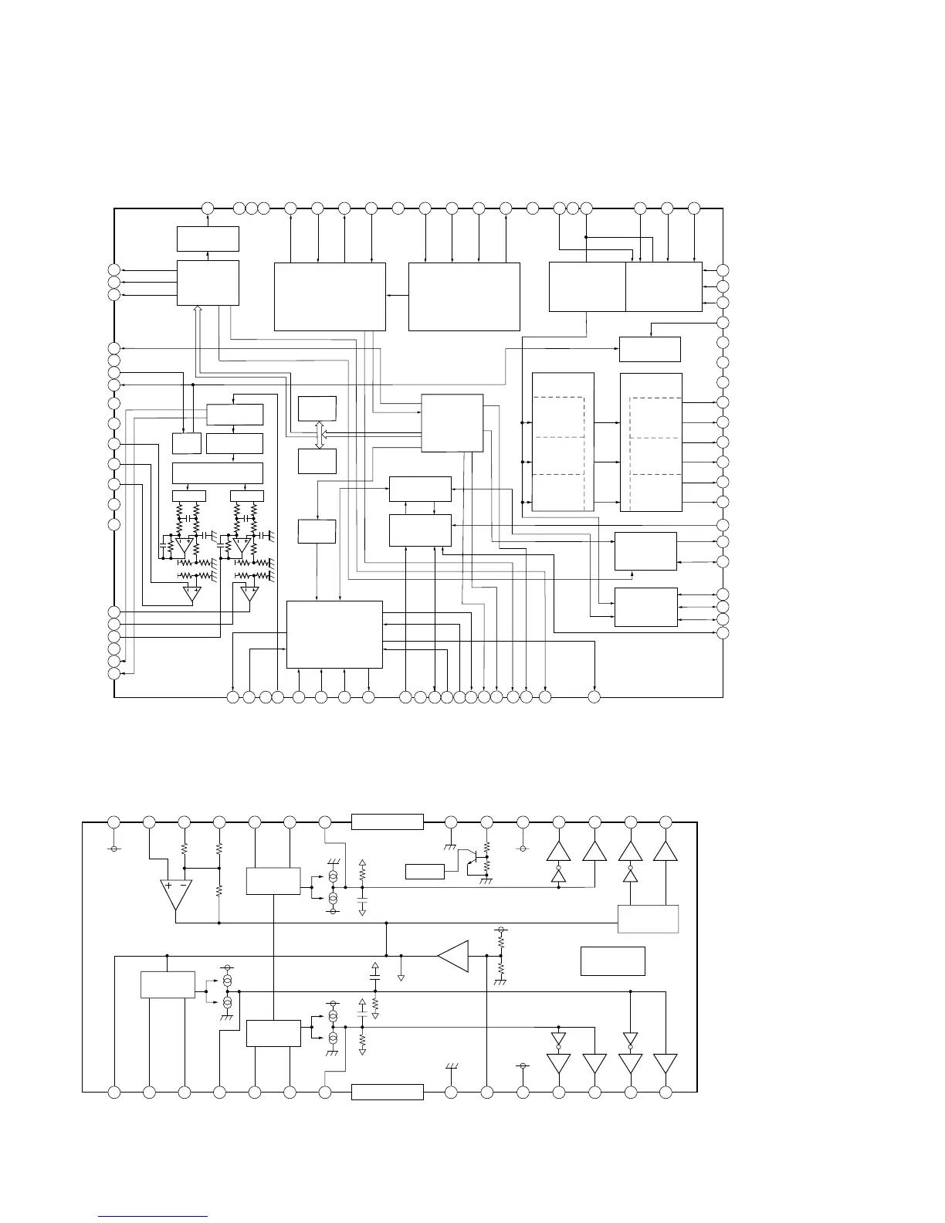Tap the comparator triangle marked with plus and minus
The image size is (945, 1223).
(x=175, y=894)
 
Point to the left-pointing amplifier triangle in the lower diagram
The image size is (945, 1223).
(x=453, y=955)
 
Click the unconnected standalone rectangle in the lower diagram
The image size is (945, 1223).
(x=612, y=960)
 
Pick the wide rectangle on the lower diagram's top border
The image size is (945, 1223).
(x=388, y=822)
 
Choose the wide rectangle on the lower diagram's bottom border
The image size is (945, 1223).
(x=388, y=1092)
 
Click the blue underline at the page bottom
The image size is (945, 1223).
(x=154, y=1217)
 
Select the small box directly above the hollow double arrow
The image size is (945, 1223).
(x=317, y=408)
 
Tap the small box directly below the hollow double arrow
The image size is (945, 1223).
(x=317, y=461)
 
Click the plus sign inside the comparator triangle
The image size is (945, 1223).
(x=168, y=886)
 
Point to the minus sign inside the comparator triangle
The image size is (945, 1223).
(x=183, y=886)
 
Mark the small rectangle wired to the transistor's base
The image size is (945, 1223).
(x=425, y=872)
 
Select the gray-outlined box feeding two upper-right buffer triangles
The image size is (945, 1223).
(x=649, y=919)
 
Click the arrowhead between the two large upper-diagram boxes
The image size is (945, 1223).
(x=389, y=295)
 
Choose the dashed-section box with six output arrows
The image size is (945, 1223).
(x=651, y=442)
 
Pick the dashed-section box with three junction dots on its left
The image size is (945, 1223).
(x=563, y=442)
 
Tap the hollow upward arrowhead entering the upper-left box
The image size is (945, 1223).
(x=198, y=309)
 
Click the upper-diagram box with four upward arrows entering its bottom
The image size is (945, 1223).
(x=334, y=634)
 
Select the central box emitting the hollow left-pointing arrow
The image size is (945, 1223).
(x=452, y=423)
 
